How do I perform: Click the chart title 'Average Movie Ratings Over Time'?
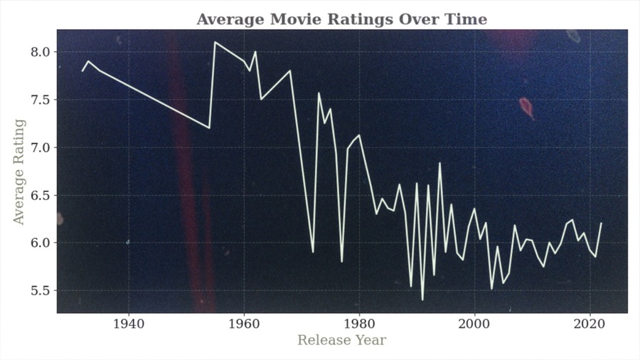coord(341,19)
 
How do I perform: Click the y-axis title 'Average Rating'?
coord(19,171)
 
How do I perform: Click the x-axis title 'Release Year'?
coord(341,340)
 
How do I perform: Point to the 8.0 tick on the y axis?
coord(40,52)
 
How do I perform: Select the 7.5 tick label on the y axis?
coord(40,100)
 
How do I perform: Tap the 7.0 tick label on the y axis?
coord(40,147)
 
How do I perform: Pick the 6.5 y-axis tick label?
coord(40,195)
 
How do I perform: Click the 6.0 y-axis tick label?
coord(40,243)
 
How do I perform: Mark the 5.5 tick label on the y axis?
coord(40,290)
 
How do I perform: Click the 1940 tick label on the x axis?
coord(129,323)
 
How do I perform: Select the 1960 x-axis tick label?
coord(244,323)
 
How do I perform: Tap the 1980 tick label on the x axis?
coord(359,323)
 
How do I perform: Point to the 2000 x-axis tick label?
coord(474,323)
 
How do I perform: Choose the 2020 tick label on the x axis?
coord(590,323)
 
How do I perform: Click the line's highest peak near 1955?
coord(215,42)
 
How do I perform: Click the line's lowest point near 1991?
coord(422,300)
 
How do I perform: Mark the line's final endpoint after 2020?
coord(601,223)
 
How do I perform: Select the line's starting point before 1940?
coord(82,70)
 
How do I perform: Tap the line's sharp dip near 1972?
coord(313,252)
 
